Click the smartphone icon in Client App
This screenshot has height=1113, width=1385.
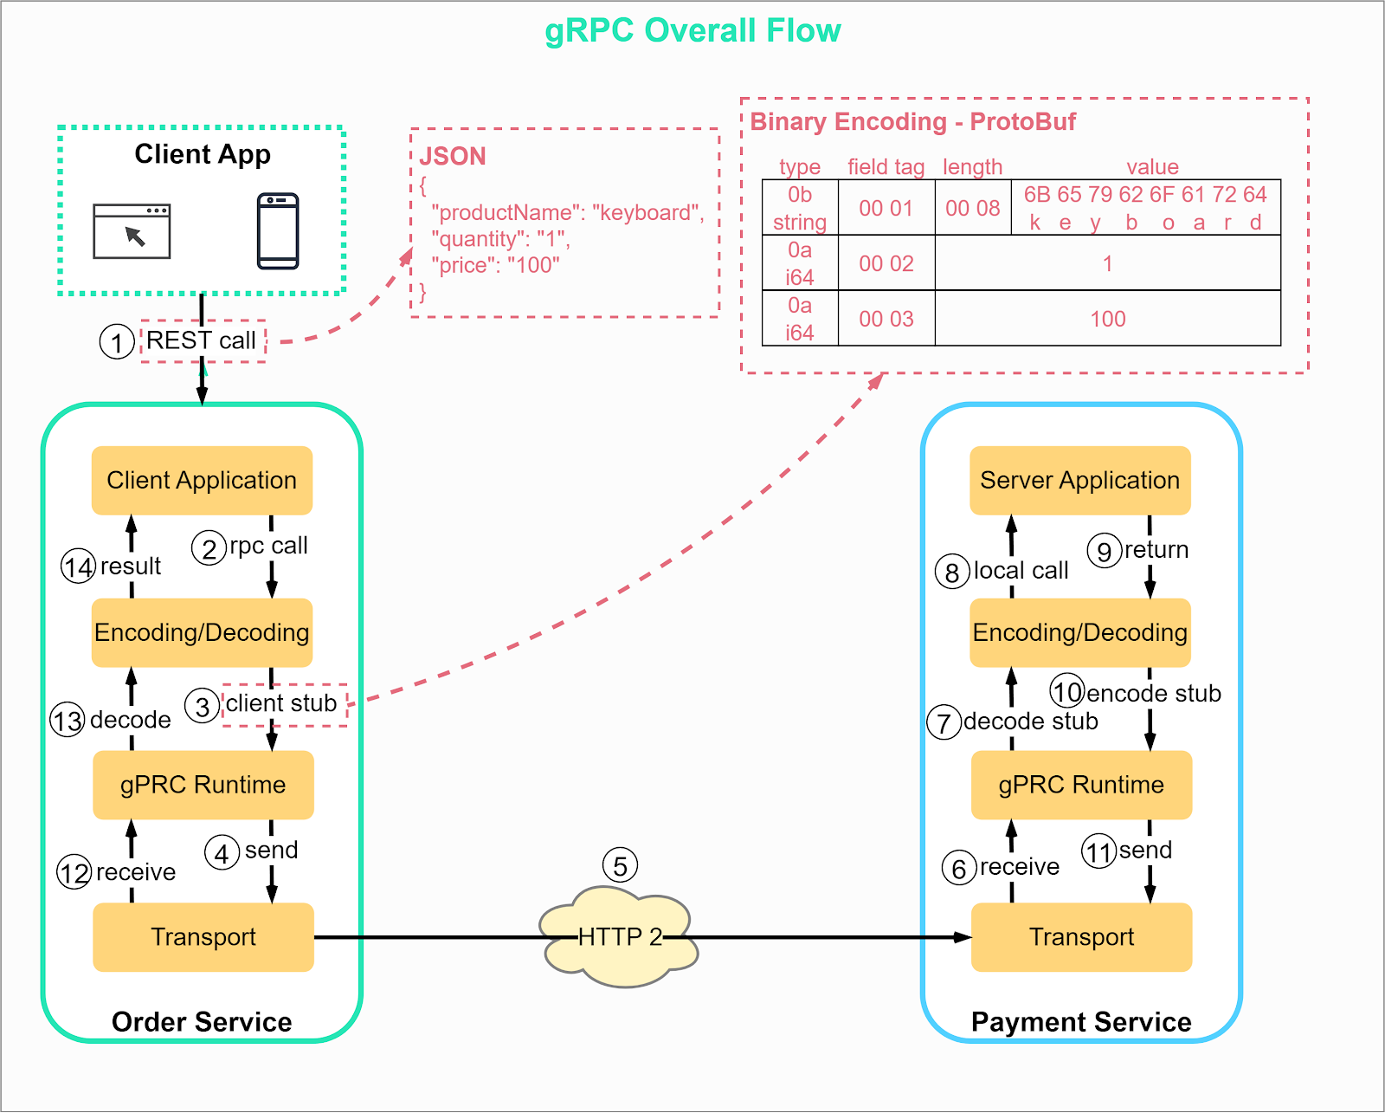278,231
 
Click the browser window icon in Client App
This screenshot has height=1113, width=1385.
132,231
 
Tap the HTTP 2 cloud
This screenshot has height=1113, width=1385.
619,937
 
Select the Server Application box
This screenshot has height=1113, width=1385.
1079,481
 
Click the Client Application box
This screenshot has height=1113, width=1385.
202,481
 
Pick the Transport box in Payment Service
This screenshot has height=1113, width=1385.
1081,937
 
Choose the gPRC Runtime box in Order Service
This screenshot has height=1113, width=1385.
203,785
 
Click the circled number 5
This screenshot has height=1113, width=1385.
620,866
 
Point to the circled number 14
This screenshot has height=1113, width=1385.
78,567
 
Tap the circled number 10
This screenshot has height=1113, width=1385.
1067,691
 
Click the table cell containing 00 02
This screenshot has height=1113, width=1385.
886,263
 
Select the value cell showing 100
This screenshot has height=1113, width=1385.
1107,319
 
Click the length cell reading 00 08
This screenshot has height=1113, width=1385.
973,208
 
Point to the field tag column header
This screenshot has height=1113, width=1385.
886,166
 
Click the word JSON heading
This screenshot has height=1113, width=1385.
453,157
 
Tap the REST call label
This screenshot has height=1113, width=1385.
202,340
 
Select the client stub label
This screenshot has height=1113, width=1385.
281,703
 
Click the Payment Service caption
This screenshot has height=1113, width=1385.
1081,1022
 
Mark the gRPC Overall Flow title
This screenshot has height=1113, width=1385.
692,30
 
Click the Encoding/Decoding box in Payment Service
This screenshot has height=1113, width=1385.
1079,632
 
